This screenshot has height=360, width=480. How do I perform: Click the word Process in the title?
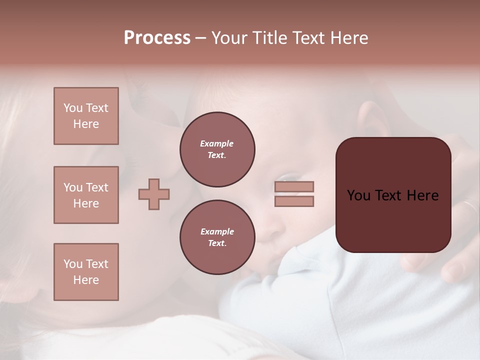(x=157, y=38)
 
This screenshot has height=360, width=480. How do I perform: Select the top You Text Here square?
(x=86, y=116)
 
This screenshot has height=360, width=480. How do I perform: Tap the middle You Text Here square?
(x=86, y=195)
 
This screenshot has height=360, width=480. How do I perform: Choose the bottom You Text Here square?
(x=86, y=272)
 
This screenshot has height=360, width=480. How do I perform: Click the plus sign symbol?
(x=154, y=194)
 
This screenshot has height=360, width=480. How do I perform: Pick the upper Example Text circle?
(x=217, y=149)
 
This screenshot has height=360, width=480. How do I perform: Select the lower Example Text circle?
(x=217, y=237)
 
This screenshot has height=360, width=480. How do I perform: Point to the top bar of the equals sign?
(x=294, y=186)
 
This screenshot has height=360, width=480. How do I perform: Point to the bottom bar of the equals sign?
(x=294, y=201)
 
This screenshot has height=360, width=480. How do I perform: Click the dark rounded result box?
(x=393, y=195)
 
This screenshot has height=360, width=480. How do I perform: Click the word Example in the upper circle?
(x=216, y=143)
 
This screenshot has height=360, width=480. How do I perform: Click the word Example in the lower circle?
(x=217, y=231)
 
